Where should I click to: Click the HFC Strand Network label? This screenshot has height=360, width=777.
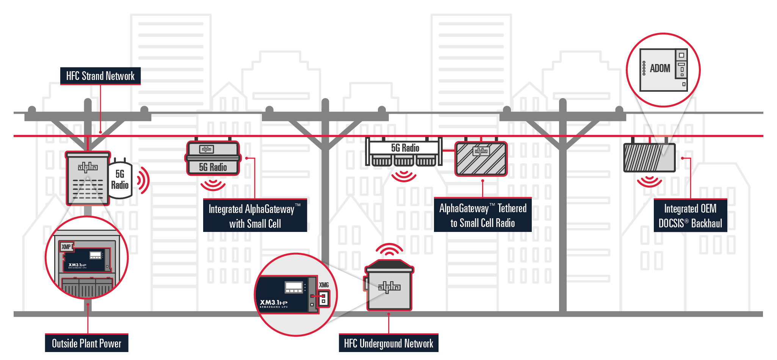point(100,76)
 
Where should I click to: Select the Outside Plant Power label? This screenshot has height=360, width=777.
point(86,343)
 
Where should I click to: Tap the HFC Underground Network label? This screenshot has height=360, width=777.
point(388,343)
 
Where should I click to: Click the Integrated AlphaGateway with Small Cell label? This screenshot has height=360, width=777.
point(255,216)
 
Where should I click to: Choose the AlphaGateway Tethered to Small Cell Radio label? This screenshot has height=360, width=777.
point(482,215)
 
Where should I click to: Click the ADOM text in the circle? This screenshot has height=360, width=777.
point(660,69)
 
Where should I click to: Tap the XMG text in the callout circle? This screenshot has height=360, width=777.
point(324,285)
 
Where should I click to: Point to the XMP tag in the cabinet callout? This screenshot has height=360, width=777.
point(66,247)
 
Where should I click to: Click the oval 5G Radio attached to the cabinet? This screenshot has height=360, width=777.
point(120,180)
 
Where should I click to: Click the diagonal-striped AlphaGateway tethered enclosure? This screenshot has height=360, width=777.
point(481,159)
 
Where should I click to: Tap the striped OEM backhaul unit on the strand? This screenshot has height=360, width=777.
point(649,157)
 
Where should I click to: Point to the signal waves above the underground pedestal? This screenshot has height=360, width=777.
point(389,249)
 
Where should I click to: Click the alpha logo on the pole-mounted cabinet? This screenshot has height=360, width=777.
point(88,167)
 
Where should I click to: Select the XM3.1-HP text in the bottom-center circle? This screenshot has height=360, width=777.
point(273,302)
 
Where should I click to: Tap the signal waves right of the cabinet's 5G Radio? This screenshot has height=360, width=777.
point(143,180)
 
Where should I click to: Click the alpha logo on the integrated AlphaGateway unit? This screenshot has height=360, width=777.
point(207,149)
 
